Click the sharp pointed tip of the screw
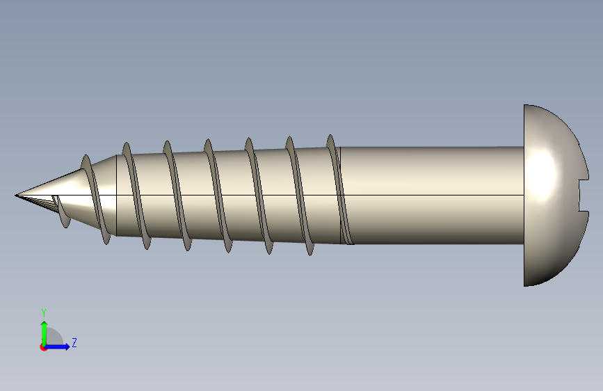pyautogui.click(x=16, y=195)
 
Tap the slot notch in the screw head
pyautogui.click(x=583, y=195)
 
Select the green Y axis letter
pyautogui.click(x=44, y=312)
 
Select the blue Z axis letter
pyautogui.click(x=74, y=342)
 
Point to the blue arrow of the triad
pyautogui.click(x=58, y=346)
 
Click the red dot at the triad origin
pyautogui.click(x=43, y=347)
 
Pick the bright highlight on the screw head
pyautogui.click(x=542, y=173)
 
